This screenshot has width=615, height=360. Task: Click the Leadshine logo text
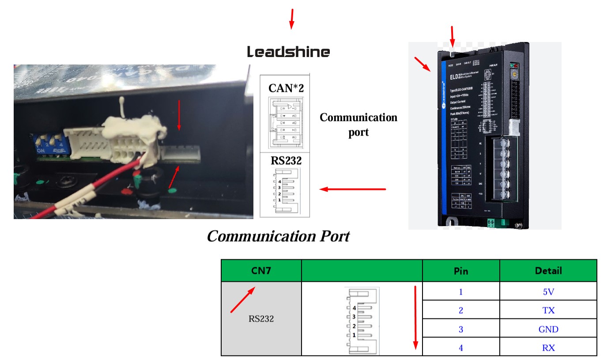coord(288,52)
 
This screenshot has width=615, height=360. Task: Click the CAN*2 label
coord(286,88)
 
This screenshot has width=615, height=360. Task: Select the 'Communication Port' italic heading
coord(278,236)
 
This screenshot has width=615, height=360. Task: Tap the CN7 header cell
coord(261,270)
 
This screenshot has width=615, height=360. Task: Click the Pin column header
coord(461,270)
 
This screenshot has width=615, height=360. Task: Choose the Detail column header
coord(548,270)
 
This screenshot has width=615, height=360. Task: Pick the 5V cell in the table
coord(549,292)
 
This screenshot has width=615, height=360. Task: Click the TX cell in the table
coord(549,310)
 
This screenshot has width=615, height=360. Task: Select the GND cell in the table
coord(549,329)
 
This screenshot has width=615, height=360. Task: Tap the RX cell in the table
coord(549,348)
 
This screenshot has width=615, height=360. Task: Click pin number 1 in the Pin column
coord(461,292)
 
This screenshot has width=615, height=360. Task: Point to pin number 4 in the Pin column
coord(461,348)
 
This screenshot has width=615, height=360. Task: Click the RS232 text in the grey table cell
coord(261,318)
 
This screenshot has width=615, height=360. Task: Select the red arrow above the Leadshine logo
coord(291,19)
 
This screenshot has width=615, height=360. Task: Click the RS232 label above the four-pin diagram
coord(286,161)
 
